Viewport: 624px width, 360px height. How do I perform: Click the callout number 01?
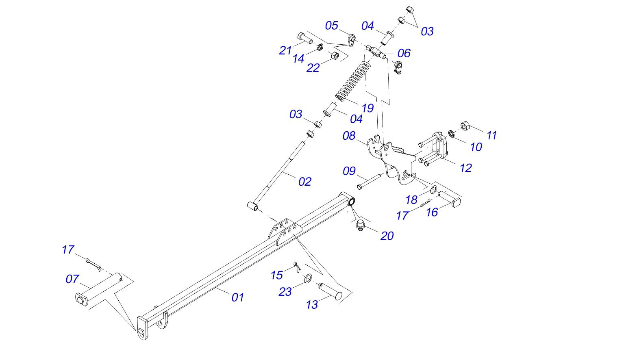238,297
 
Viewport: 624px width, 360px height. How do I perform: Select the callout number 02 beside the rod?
305,182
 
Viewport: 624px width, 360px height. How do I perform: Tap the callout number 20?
387,236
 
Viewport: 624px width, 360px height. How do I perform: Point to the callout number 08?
349,136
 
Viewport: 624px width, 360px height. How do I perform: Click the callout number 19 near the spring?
367,108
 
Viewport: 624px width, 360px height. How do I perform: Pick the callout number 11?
492,135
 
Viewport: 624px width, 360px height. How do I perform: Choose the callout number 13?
312,304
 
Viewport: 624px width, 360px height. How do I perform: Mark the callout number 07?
72,279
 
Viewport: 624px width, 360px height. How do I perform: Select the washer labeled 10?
451,133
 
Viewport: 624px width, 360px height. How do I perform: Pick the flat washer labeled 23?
308,278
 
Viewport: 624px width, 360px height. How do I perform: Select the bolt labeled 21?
304,38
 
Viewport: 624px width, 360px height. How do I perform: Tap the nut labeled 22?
335,55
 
